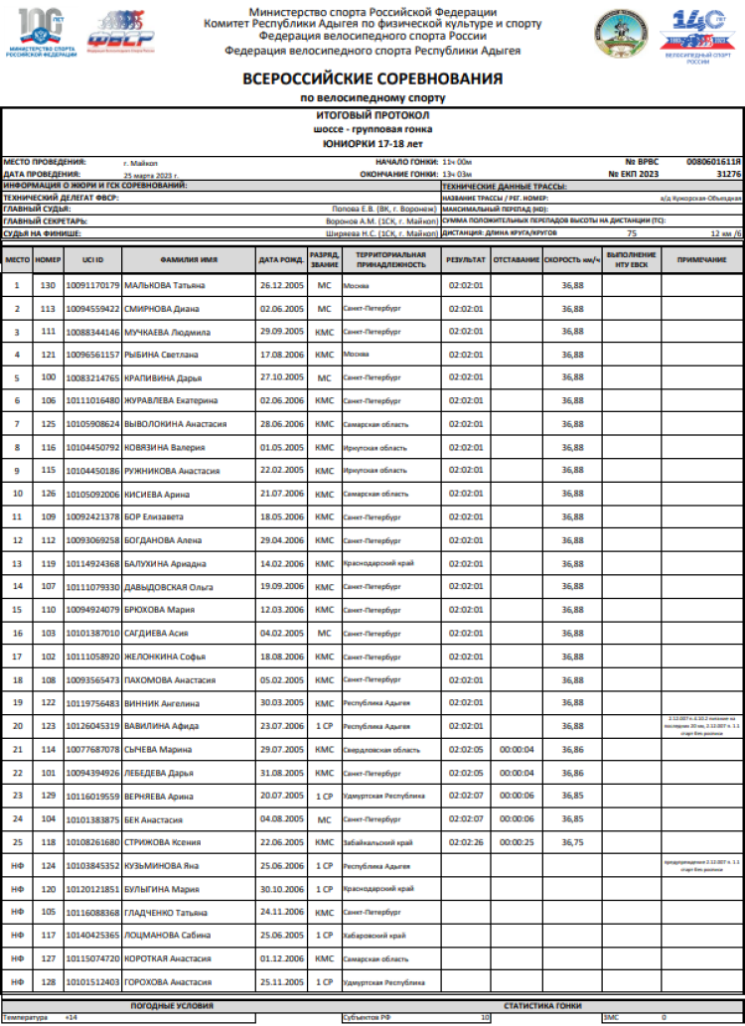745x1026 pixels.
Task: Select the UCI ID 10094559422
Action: [x=92, y=308]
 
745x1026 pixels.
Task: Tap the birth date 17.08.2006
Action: [x=280, y=355]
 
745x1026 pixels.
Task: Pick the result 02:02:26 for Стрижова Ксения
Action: [x=466, y=842]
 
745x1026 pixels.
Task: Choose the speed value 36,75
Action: [x=572, y=842]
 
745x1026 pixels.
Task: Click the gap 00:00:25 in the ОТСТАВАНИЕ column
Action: [x=517, y=842]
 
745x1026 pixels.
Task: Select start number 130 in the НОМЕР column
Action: [x=48, y=285]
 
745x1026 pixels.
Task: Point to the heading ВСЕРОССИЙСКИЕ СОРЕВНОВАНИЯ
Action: [x=372, y=78]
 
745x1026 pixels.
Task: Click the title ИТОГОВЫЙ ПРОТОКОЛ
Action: [x=372, y=116]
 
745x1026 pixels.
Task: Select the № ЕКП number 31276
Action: [x=728, y=174]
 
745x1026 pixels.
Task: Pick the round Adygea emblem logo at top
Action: [x=619, y=32]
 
